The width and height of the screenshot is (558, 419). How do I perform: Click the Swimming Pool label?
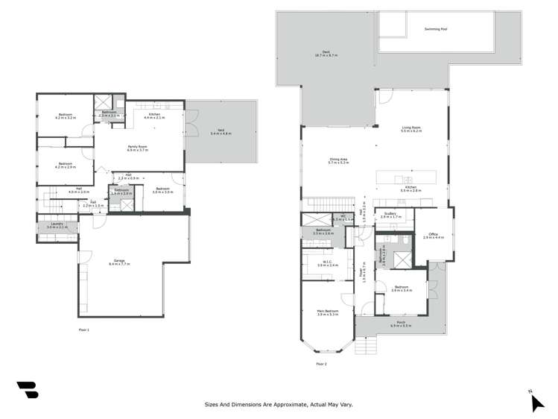tap(436, 29)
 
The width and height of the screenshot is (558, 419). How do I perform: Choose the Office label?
tap(433, 235)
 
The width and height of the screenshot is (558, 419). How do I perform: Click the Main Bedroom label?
tap(328, 312)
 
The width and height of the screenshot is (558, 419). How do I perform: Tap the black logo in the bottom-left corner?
tap(28, 389)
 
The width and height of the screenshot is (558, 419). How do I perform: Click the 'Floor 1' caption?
tap(83, 329)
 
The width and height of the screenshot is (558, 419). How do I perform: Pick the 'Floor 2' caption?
tap(321, 363)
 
